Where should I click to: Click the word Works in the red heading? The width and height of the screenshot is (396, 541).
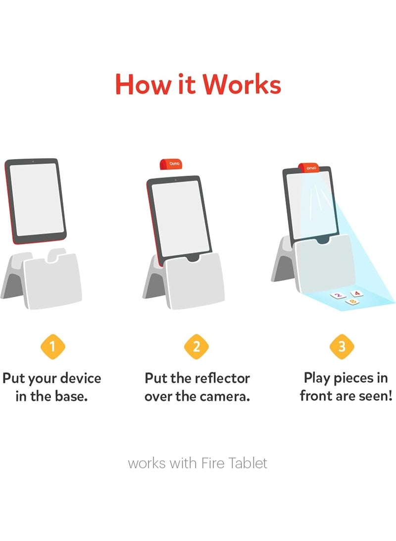tap(242, 84)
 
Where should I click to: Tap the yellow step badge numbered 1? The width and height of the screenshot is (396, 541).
tap(52, 347)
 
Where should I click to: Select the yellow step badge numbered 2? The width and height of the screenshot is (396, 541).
tap(197, 347)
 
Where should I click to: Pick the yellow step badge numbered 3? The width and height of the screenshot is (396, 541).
tap(342, 347)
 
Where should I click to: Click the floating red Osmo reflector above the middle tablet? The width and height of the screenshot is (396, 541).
tap(171, 164)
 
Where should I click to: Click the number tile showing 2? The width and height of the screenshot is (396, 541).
tap(338, 296)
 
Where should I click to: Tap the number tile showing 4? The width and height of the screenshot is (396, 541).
tap(357, 294)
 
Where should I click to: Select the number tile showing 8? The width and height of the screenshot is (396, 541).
tap(352, 302)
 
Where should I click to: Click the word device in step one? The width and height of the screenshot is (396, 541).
tap(80, 378)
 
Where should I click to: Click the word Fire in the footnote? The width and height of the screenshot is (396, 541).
tap(212, 463)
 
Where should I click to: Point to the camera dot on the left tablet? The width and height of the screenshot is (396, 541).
tap(33, 162)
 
